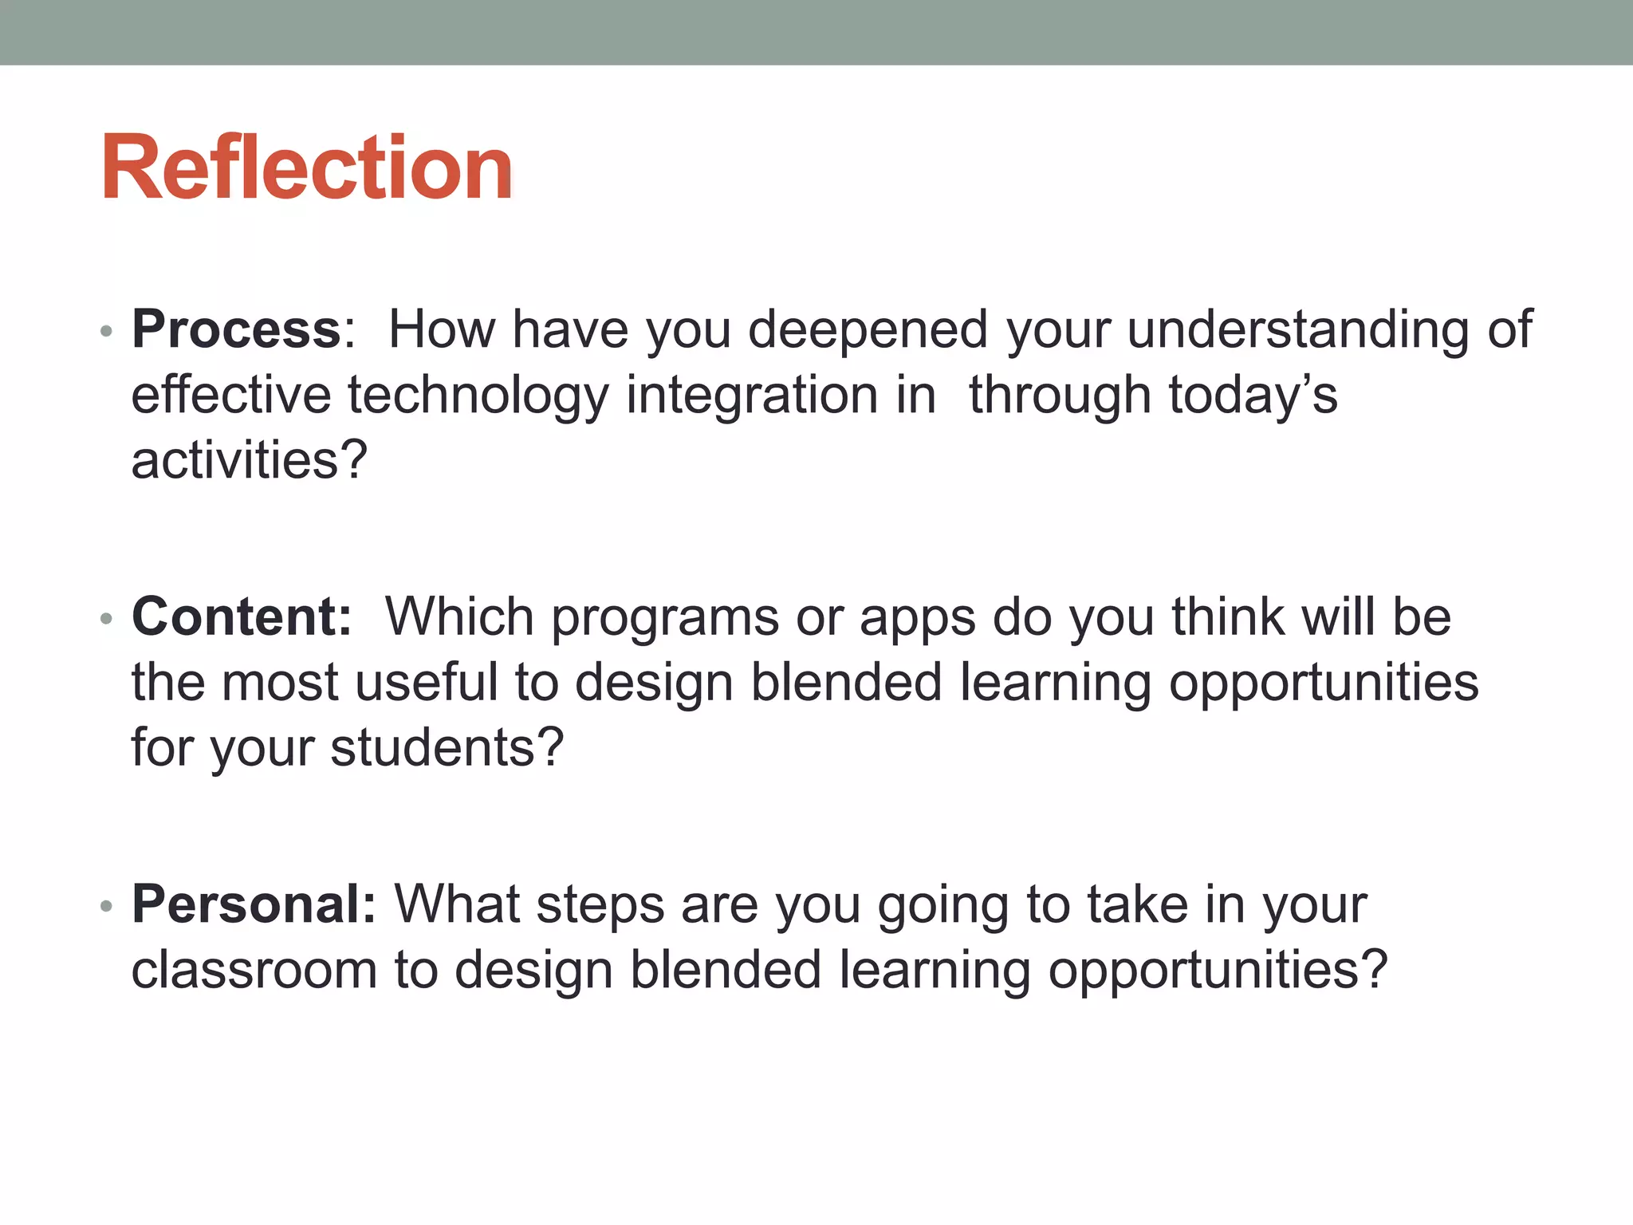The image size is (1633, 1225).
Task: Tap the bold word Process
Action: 237,329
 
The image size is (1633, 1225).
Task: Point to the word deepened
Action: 868,329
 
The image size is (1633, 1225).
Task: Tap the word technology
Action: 478,396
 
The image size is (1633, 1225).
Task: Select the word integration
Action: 752,396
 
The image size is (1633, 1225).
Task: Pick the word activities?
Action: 249,461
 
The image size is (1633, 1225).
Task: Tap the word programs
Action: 665,618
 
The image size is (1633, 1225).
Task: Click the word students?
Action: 447,748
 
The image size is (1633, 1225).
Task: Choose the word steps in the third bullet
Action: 600,906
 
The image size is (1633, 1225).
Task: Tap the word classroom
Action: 254,970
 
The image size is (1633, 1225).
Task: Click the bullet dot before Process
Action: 107,330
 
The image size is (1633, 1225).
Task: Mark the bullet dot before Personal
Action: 107,906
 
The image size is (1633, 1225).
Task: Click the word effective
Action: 231,396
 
